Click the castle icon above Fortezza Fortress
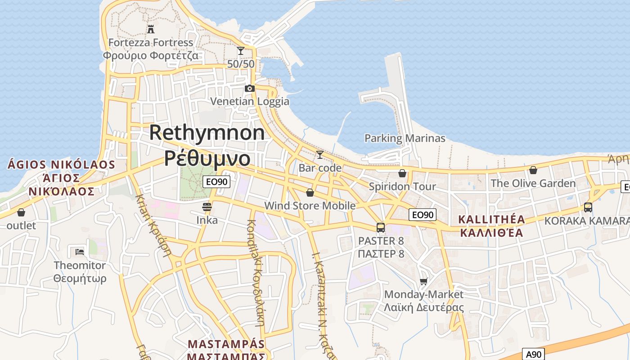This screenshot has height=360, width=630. (x=151, y=29)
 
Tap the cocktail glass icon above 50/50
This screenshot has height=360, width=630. (x=241, y=51)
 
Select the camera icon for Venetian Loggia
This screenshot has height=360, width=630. (x=250, y=88)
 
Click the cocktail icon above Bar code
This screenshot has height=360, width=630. (x=320, y=155)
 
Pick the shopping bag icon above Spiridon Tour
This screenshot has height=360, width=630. (x=402, y=173)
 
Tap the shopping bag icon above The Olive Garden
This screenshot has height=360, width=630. (x=533, y=170)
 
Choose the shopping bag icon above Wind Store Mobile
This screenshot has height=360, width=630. (x=310, y=193)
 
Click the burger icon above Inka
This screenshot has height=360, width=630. (x=207, y=207)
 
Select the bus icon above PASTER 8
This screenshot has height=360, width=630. (x=381, y=227)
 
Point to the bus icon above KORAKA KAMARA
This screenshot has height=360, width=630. (x=588, y=207)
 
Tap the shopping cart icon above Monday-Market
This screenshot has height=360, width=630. (x=423, y=282)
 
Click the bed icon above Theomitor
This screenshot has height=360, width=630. (x=80, y=251)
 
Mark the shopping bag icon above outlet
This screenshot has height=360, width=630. (x=21, y=212)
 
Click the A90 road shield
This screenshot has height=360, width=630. (x=533, y=354)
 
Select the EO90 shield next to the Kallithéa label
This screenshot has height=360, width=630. (x=423, y=215)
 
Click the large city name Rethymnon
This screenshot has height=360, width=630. (x=207, y=132)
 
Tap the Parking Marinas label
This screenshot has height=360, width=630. (x=405, y=138)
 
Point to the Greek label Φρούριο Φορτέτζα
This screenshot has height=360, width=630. (x=151, y=55)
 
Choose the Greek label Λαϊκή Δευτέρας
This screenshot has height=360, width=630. (x=423, y=308)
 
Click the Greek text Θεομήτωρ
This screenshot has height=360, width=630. (x=80, y=279)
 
